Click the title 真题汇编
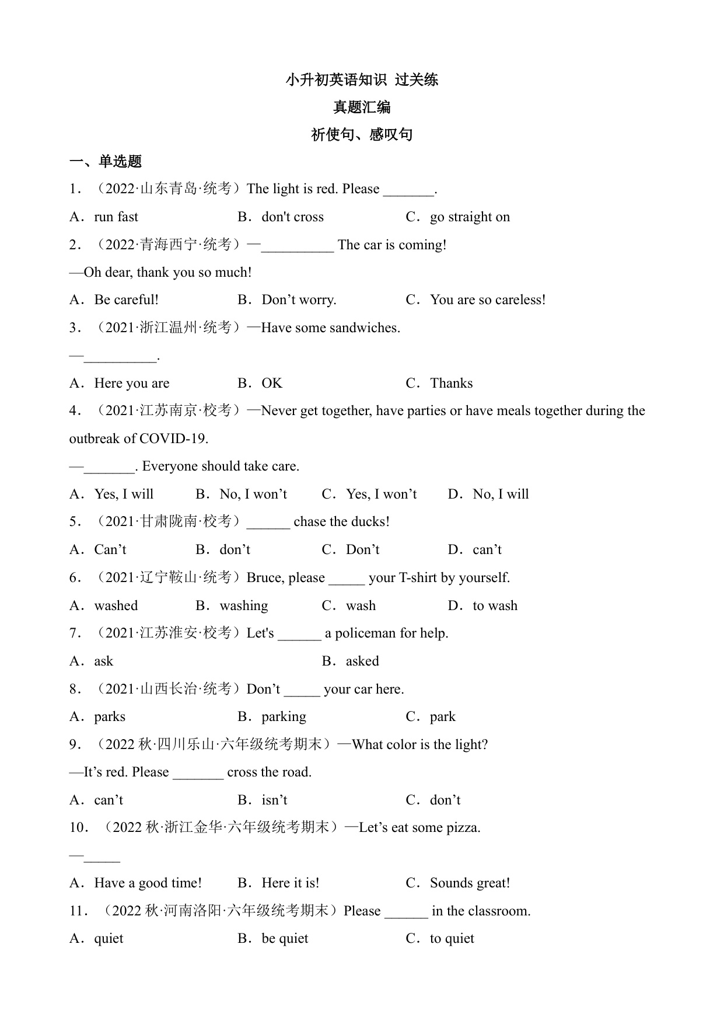point(362,107)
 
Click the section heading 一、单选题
point(106,162)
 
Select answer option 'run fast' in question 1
point(116,217)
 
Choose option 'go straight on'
point(470,217)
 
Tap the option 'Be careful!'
point(126,300)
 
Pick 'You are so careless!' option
point(488,300)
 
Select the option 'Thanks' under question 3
point(451,384)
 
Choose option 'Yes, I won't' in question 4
point(381,494)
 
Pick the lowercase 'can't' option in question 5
point(487,550)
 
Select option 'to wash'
point(495,606)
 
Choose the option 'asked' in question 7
point(362,661)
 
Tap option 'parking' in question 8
point(284,717)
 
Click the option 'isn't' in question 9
point(274,800)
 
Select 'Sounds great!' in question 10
point(470,883)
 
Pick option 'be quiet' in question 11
point(285,939)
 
